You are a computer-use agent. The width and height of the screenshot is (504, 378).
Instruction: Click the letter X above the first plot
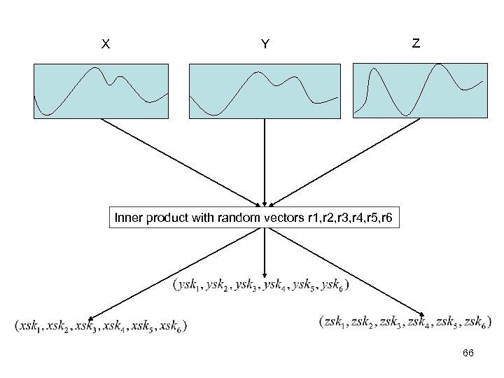click(105, 44)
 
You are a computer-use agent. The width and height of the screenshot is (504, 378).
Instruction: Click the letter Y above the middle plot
click(265, 45)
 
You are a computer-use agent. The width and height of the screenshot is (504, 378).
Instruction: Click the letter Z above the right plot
click(416, 43)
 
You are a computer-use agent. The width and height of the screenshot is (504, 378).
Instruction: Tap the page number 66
click(468, 353)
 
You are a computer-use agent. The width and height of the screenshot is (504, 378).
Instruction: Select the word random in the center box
click(233, 220)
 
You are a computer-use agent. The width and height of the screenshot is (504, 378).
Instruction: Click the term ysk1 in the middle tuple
click(189, 286)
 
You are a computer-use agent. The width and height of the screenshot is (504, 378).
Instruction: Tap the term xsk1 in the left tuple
click(29, 325)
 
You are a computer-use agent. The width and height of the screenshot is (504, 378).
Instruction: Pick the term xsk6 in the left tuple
click(171, 325)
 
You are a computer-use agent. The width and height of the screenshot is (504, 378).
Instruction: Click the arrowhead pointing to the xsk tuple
click(92, 315)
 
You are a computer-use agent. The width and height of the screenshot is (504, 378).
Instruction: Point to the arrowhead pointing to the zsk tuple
click(423, 314)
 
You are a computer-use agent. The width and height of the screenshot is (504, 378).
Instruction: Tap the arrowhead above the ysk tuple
click(265, 274)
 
